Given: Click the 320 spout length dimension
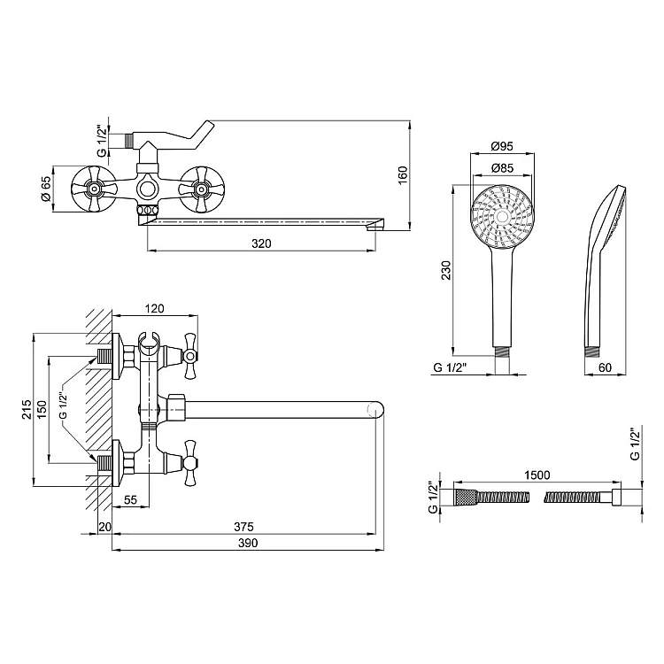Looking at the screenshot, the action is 261,243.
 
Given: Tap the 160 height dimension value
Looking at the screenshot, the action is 402,175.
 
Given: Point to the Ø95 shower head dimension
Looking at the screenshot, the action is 502,146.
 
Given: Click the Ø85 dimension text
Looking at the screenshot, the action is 502,168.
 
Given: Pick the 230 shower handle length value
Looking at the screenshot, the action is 446,270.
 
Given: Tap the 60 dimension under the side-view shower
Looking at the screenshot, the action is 606,367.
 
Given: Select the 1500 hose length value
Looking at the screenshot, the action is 537,475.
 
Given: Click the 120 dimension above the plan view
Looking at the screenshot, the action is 155,308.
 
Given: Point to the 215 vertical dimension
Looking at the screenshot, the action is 27,409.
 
